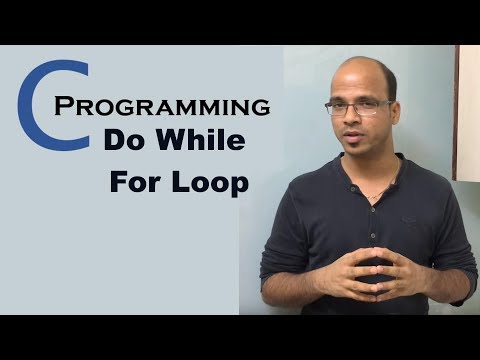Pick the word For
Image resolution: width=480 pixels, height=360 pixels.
pos(139,186)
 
